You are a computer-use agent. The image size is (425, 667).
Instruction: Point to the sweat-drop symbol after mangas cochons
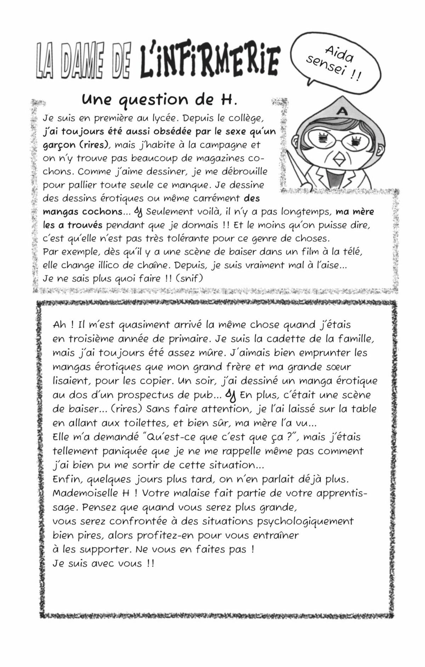pos(140,212)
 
